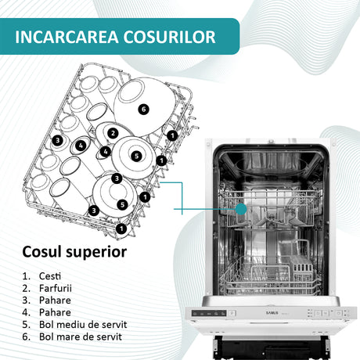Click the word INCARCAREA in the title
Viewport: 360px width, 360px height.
point(67,37)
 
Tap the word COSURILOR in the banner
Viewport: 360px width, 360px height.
point(169,37)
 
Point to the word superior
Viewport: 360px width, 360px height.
point(96,253)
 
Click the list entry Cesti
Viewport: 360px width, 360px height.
point(50,276)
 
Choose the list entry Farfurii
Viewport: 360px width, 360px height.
point(55,288)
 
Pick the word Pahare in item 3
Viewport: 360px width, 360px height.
point(55,301)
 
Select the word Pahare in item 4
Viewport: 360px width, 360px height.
point(55,312)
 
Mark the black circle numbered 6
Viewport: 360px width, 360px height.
point(143,109)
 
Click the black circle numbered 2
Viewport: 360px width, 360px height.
point(113,133)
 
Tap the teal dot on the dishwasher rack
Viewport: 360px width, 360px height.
point(241,209)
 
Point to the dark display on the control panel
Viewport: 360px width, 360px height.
point(209,313)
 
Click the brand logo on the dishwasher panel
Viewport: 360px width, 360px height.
point(272,313)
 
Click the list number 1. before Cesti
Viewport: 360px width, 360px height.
point(27,276)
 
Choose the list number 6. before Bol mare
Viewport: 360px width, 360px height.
point(27,337)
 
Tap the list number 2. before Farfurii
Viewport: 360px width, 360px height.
point(27,288)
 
